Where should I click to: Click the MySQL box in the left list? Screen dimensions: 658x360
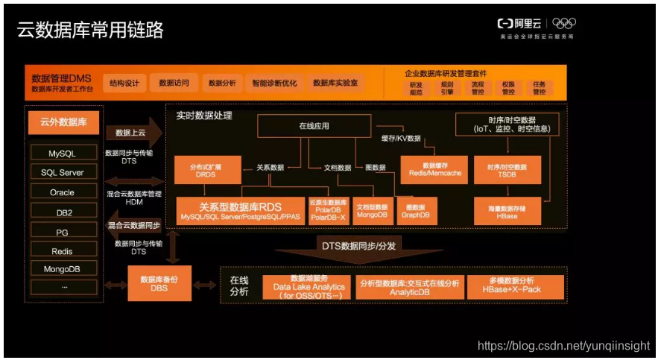pos(63,154)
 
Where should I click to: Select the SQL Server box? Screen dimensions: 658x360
pos(63,173)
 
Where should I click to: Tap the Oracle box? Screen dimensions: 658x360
pos(63,192)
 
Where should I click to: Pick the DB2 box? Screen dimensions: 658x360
pos(63,212)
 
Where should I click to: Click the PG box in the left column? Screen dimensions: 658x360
pos(63,232)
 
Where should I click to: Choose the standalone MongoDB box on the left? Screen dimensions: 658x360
pos(63,268)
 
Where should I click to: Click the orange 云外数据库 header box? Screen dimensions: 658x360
pos(63,121)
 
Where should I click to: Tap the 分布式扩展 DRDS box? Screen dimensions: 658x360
pos(206,169)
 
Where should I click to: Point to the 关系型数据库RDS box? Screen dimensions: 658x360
pos(240,211)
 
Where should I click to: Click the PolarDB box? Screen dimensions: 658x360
pos(328,211)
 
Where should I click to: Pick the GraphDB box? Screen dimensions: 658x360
pos(416,211)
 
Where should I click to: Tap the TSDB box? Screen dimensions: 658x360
pos(506,169)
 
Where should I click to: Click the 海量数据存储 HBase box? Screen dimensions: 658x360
pos(506,211)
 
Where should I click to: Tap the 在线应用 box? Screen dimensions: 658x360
pos(314,127)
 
